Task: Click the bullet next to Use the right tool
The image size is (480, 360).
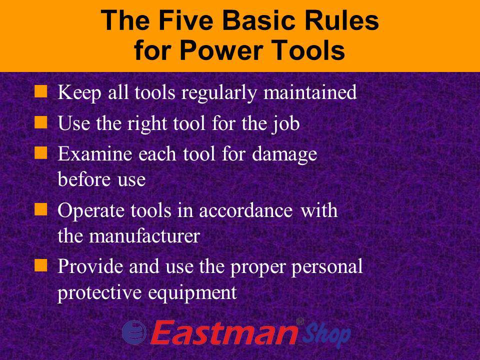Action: (42, 122)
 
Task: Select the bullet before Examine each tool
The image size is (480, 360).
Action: (42, 153)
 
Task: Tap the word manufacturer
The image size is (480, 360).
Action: (145, 236)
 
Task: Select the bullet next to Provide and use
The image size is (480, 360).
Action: (42, 266)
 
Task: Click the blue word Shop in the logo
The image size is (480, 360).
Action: (324, 334)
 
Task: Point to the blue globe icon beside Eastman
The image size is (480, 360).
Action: (133, 331)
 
